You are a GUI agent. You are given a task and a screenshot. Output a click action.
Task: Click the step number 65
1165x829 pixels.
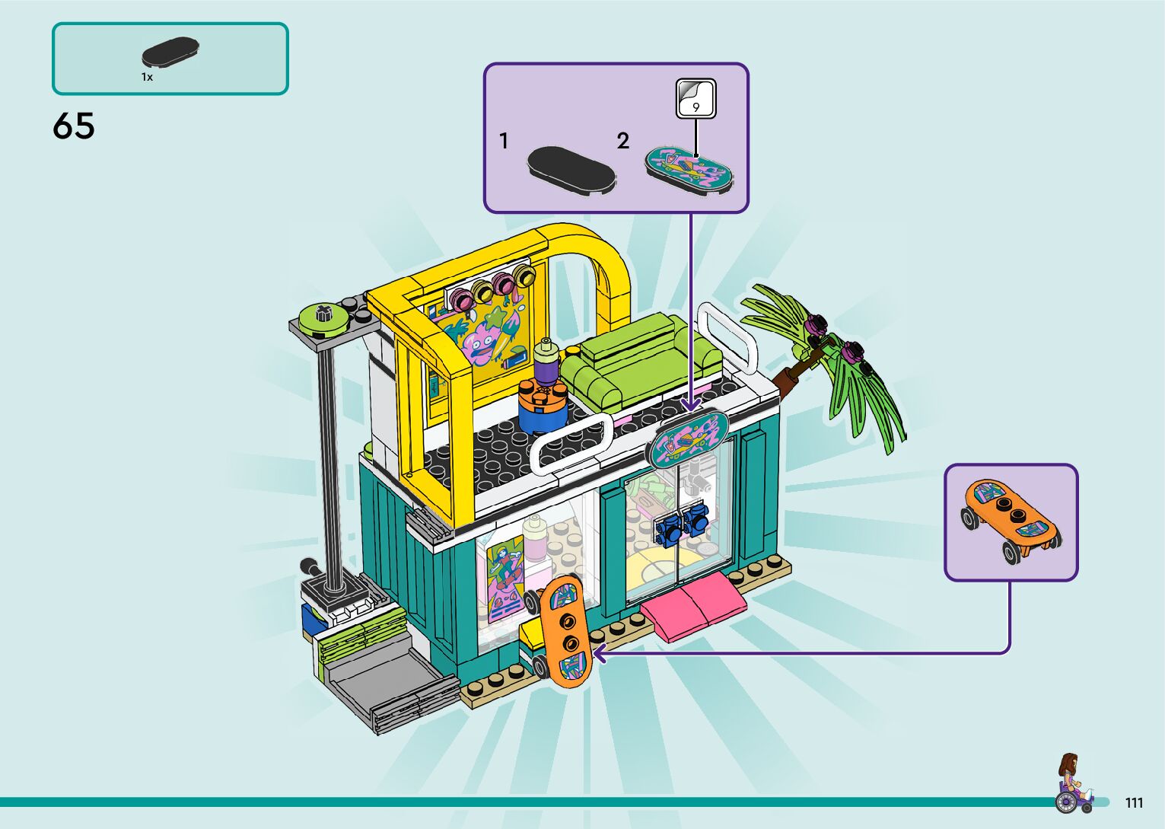pos(74,126)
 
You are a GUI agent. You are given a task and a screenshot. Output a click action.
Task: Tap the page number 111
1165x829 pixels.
pos(1134,803)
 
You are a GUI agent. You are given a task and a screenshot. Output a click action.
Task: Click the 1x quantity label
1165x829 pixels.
pos(147,77)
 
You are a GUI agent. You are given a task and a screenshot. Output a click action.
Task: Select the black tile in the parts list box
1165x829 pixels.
pos(170,52)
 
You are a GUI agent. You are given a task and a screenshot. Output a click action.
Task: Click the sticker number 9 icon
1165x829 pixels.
pos(695,99)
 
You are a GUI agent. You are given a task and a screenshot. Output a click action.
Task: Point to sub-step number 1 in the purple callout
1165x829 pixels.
pos(504,141)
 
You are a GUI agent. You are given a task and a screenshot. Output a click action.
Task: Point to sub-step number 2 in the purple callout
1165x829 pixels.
pos(623,141)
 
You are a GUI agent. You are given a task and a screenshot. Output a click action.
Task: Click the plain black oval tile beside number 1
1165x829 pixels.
pos(571,171)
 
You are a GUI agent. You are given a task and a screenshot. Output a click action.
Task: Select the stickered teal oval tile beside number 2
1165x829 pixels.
pos(689,168)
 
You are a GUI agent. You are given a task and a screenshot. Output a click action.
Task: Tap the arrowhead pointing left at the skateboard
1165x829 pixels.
pos(600,653)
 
